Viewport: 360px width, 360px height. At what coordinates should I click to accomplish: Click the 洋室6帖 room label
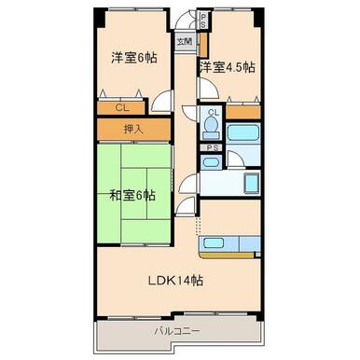(133, 58)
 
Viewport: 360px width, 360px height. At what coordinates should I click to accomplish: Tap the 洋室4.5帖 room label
(227, 68)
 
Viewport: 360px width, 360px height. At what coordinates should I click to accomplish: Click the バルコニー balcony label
(177, 331)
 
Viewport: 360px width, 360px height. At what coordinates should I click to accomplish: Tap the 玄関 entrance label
(186, 42)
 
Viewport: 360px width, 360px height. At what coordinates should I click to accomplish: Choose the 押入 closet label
(133, 129)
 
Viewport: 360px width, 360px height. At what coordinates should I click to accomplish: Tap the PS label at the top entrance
(203, 18)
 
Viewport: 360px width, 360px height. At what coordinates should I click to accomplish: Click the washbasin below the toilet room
(212, 163)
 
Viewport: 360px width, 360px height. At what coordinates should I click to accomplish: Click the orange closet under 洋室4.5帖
(245, 113)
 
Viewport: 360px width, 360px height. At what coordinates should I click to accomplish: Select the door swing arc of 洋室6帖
(163, 103)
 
